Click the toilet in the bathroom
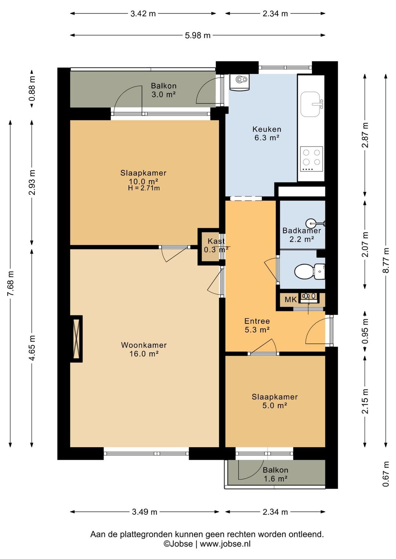[309, 271]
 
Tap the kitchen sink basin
[310, 104]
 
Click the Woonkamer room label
[144, 349]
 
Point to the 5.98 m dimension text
[198, 36]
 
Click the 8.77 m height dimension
[386, 260]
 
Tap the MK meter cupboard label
[290, 299]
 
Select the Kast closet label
[216, 245]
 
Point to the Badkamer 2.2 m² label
[301, 234]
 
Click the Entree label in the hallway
[257, 321]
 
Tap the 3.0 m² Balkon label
[164, 90]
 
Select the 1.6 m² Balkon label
[275, 474]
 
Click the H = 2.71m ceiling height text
[144, 188]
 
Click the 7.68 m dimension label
[11, 284]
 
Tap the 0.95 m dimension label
[365, 331]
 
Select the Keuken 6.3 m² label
[267, 133]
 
